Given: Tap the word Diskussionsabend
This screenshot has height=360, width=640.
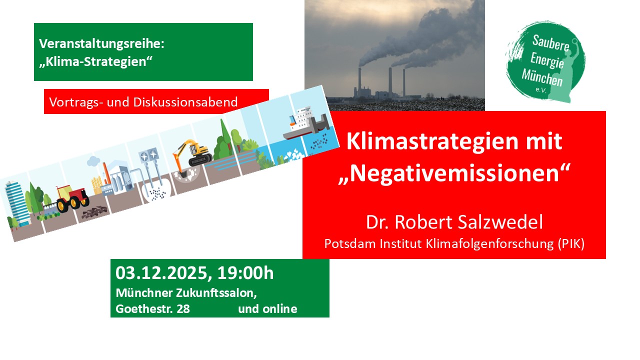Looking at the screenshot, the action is pyautogui.click(x=185, y=102).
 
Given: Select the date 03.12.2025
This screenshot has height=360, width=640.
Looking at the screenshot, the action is pyautogui.click(x=161, y=272).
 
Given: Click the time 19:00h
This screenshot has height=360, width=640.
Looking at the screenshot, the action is pyautogui.click(x=245, y=272).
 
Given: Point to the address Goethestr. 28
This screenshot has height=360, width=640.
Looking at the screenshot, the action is pyautogui.click(x=152, y=309).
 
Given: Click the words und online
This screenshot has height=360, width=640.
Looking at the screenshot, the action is pyautogui.click(x=267, y=309).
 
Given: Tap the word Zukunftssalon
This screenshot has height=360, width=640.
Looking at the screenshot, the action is pyautogui.click(x=216, y=293).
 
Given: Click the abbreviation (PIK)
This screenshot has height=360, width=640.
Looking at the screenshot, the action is pyautogui.click(x=571, y=243).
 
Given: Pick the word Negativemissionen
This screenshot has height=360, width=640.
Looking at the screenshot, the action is pyautogui.click(x=454, y=173).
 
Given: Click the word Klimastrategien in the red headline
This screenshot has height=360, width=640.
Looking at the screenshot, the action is pyautogui.click(x=432, y=141).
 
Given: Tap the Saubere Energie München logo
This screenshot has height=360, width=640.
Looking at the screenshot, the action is pyautogui.click(x=545, y=61).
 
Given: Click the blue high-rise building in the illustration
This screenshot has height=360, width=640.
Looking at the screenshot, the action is pyautogui.click(x=17, y=203).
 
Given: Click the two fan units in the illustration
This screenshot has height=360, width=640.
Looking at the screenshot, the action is pyautogui.click(x=148, y=155).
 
